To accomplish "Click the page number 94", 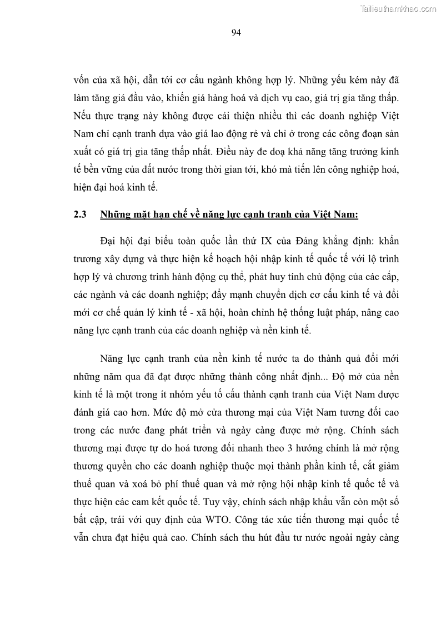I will pyautogui.click(x=235, y=32).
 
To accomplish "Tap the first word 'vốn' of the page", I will pyautogui.click(x=83, y=81).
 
